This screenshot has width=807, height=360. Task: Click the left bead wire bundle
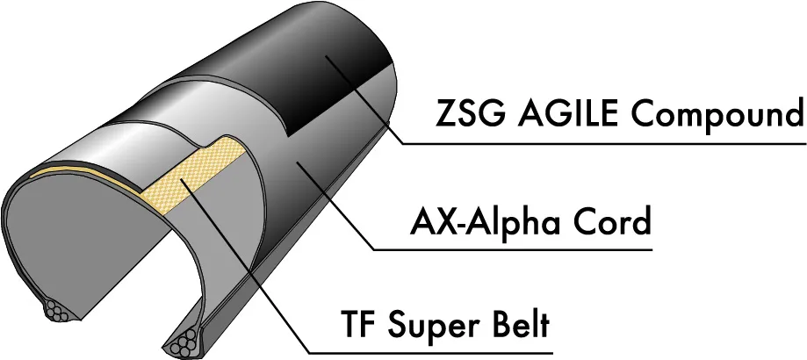click(61, 312)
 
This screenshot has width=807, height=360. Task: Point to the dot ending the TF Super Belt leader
click(183, 180)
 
